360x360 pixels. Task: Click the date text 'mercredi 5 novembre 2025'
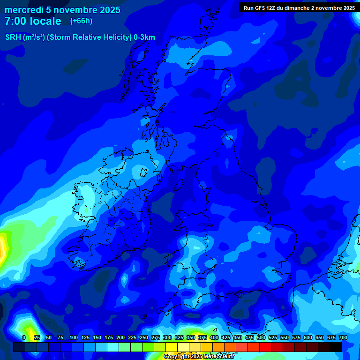pyautogui.click(x=62, y=10)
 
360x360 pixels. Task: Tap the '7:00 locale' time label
pyautogui.click(x=33, y=21)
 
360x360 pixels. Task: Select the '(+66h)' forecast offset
pyautogui.click(x=81, y=21)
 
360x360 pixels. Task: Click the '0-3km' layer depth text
pyautogui.click(x=144, y=37)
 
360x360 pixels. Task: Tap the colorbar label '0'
pyautogui.click(x=24, y=337)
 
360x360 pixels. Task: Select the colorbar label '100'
pyautogui.click(x=74, y=337)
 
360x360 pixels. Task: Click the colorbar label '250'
pyautogui.click(x=144, y=337)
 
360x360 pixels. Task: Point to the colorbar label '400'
pyautogui.click(x=214, y=337)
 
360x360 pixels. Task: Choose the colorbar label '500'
pyautogui.click(x=261, y=337)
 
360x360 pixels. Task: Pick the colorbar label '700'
pyautogui.click(x=343, y=337)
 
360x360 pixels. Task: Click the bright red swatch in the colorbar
pyautogui.click(x=265, y=347)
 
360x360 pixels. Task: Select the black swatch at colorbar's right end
pyautogui.click(x=335, y=347)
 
